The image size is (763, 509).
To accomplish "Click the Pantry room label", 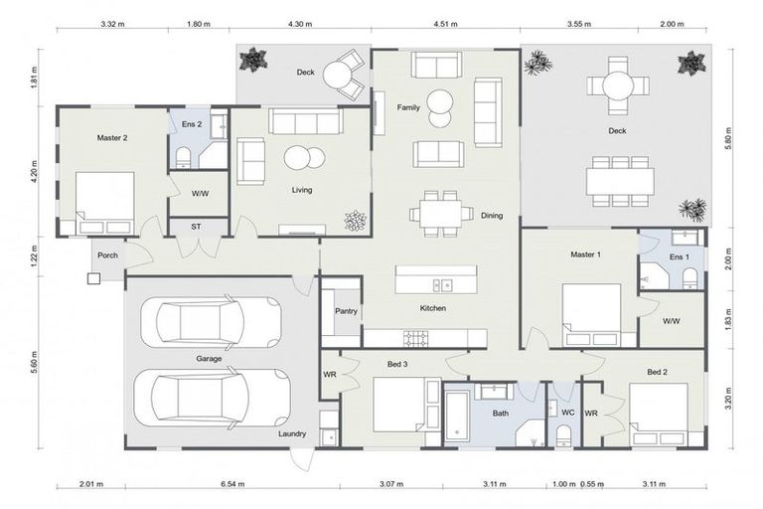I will tap(346, 311).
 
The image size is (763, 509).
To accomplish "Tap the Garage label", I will tap(208, 358).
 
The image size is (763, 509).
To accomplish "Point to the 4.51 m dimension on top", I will tap(445, 23).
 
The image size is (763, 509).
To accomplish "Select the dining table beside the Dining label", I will tap(440, 212).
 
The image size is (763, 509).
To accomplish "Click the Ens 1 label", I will tap(679, 256).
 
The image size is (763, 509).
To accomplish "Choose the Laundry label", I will tap(292, 433).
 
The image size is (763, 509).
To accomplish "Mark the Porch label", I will tap(107, 255).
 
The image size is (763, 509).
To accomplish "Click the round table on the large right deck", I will tap(617, 86).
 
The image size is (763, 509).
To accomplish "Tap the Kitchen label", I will tap(432, 309).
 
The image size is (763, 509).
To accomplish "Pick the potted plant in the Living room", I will tap(355, 220).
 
